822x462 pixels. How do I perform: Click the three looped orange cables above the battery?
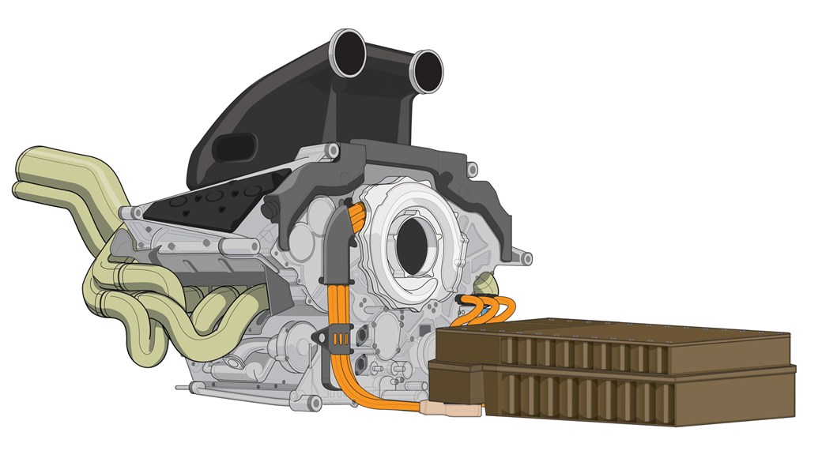click(x=487, y=310)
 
